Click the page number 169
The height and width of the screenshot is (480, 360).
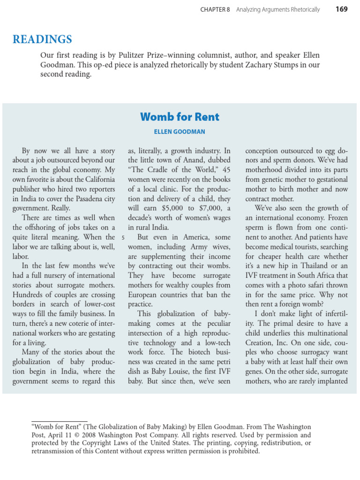(x=342, y=9)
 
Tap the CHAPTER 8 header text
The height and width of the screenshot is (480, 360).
(x=215, y=10)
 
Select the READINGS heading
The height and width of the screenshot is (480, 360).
(x=42, y=39)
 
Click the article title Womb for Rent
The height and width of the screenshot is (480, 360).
(x=180, y=117)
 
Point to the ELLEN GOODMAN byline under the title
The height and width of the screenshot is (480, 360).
(x=180, y=132)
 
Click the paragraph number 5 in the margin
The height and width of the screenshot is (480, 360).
(x=123, y=238)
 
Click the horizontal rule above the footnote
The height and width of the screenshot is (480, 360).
(x=59, y=421)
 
